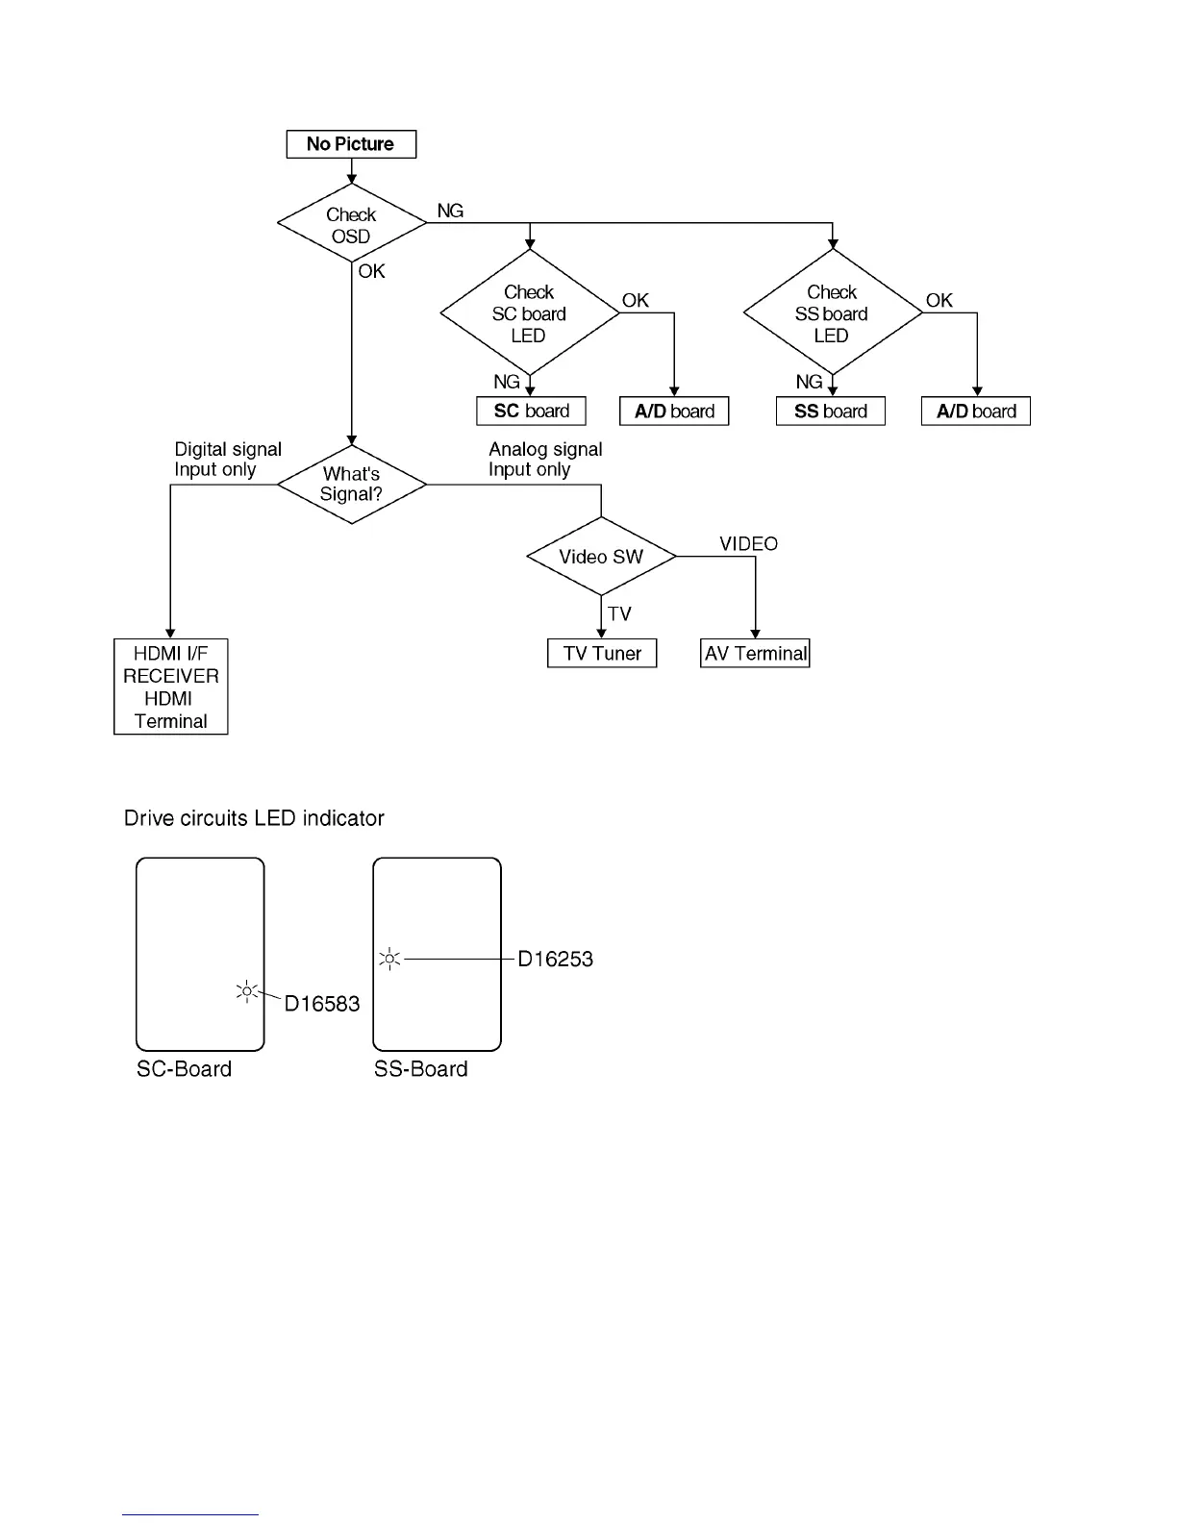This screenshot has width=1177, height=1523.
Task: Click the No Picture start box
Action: point(351,144)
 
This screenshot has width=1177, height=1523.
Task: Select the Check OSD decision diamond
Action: point(351,224)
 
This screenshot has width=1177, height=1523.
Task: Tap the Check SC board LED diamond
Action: point(529,313)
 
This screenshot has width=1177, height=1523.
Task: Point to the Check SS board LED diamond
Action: point(832,313)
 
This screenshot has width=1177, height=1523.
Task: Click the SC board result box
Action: point(531,412)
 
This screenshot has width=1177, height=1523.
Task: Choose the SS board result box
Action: point(831,412)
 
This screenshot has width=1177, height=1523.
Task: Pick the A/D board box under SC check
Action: point(674,412)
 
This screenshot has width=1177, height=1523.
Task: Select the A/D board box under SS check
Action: point(976,412)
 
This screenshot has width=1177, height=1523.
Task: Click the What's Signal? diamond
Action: point(351,485)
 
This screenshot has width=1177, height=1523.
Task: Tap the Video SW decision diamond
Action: point(601,557)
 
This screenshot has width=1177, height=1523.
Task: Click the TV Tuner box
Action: point(602,654)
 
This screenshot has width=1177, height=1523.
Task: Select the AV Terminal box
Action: point(755,654)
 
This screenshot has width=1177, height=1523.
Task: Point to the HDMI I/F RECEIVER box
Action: point(171,687)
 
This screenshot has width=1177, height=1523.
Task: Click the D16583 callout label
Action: point(322,1004)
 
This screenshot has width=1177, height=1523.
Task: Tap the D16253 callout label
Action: point(555,959)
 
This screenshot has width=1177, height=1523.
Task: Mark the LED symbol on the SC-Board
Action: point(247,991)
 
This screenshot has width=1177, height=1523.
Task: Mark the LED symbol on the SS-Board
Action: point(389,959)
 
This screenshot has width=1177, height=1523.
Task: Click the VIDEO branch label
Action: point(748,544)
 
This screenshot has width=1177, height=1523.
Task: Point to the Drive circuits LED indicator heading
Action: point(254,818)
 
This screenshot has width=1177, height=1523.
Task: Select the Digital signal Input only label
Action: point(228,460)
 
